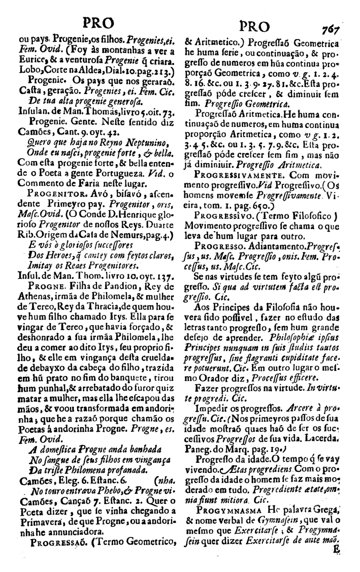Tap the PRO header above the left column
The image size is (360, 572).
pyautogui.click(x=96, y=24)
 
